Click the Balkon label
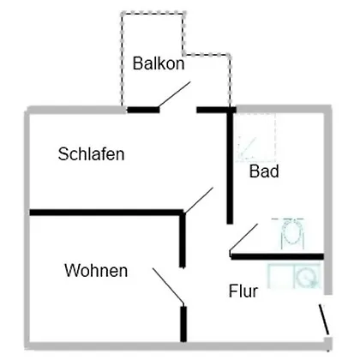[x=159, y=63]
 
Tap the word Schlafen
[x=91, y=154]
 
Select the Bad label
[x=264, y=171]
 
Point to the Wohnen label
[x=96, y=270]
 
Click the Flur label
[x=243, y=291]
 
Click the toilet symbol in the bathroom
[x=292, y=234]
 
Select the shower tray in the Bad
[x=255, y=138]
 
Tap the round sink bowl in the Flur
[x=306, y=277]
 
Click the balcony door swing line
[x=174, y=94]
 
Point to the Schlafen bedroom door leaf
[x=199, y=200]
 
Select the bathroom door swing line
[x=243, y=237]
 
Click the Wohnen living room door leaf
[x=168, y=285]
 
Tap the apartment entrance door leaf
[x=324, y=320]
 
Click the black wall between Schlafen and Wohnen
[x=106, y=213]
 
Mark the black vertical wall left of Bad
[x=230, y=168]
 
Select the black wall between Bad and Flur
[x=277, y=256]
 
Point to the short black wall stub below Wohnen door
[x=183, y=324]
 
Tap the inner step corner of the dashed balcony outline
[x=183, y=54]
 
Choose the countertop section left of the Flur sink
[x=281, y=277]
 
